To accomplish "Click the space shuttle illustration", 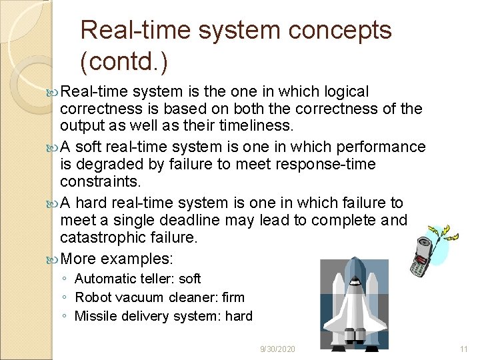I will pos(354,304).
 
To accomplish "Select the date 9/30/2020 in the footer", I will pos(277,349).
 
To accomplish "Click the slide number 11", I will pos(465,349).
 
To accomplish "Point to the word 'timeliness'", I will pos(256,127).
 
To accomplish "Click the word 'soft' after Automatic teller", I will pos(190,279).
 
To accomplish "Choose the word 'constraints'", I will pos(99,182).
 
